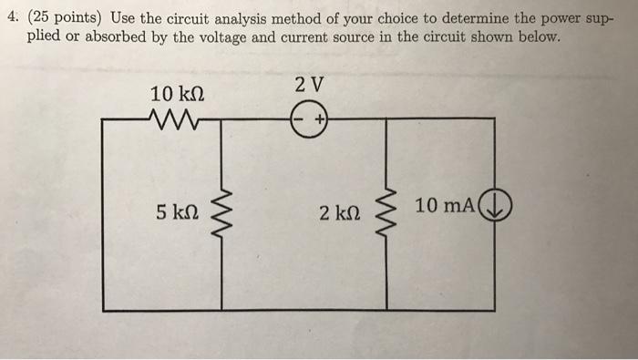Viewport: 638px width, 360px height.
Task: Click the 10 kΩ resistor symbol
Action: coord(170,118)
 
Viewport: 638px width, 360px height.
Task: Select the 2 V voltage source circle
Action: coord(308,119)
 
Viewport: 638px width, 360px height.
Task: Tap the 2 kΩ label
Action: coord(338,213)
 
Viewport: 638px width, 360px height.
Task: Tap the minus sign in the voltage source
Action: coord(299,119)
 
